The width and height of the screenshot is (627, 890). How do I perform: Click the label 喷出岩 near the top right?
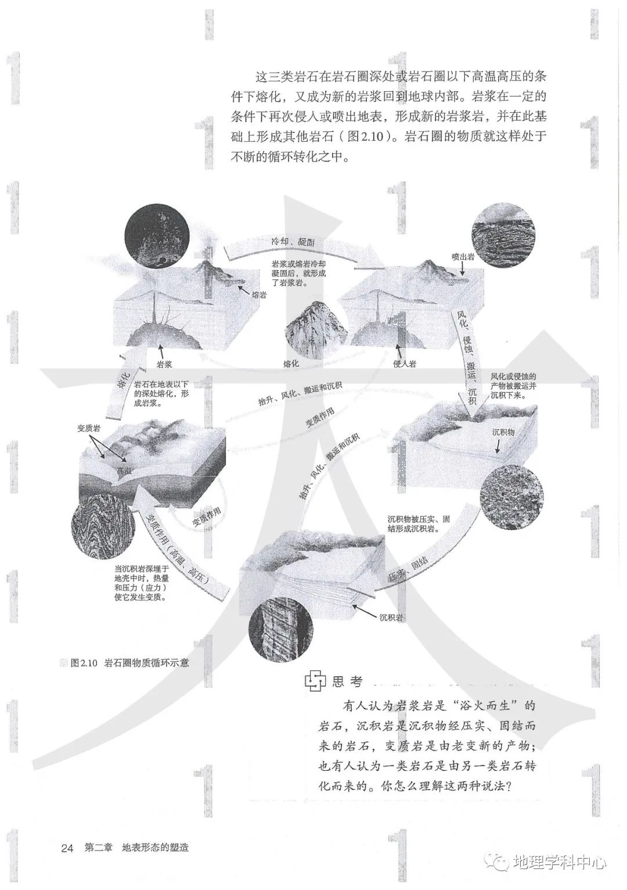[x=463, y=256]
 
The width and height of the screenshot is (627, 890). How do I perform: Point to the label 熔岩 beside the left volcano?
[x=260, y=295]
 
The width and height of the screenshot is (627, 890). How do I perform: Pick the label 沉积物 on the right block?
[x=503, y=432]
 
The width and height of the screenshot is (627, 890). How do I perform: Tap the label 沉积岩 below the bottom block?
[x=391, y=618]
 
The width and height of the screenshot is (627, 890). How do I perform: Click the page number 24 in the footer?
[x=67, y=848]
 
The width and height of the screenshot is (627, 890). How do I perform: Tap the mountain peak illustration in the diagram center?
[x=316, y=328]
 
